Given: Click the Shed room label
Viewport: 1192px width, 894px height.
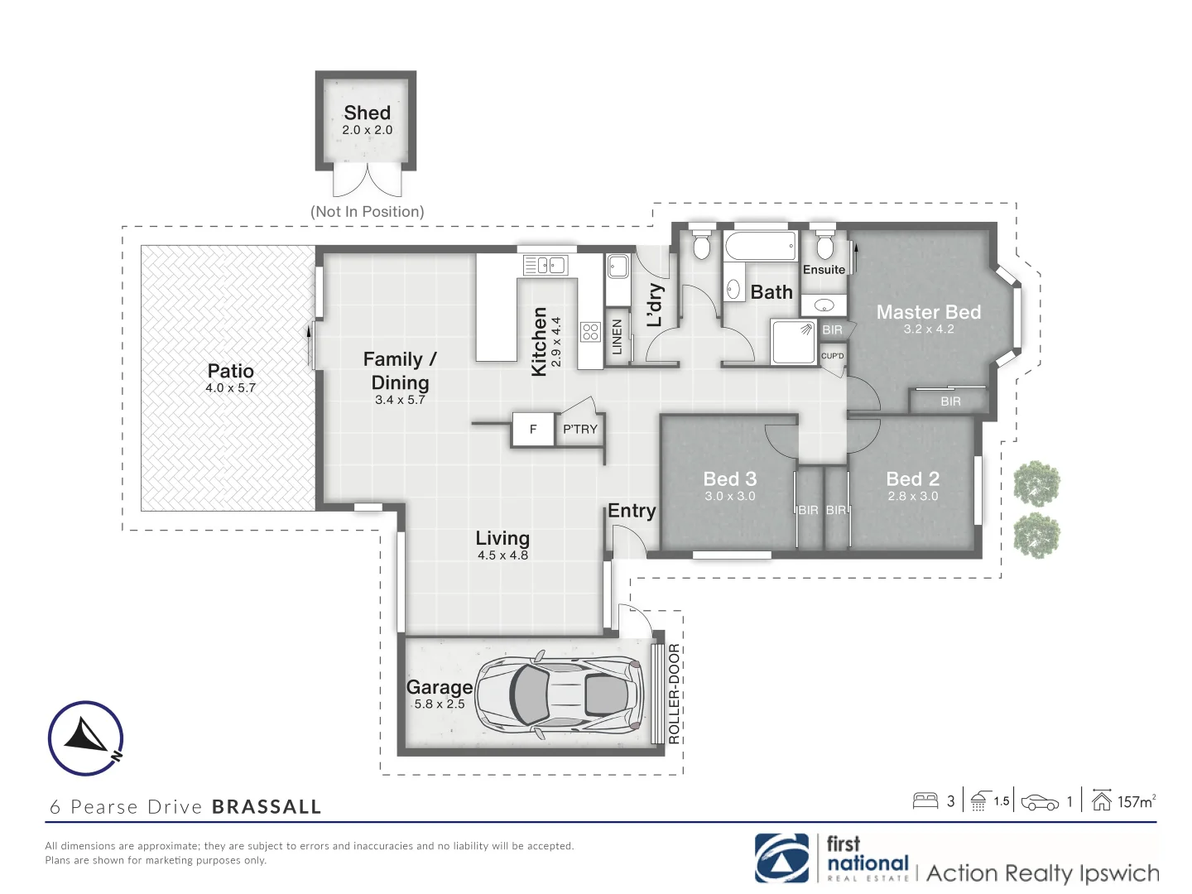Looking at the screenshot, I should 367,113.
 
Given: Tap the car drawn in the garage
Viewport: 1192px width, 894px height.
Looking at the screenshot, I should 560,694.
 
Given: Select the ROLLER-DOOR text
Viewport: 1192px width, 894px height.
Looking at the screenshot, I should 674,694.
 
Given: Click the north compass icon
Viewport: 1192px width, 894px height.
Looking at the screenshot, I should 85,738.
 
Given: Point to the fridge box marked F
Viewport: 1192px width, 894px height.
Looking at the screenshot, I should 533,429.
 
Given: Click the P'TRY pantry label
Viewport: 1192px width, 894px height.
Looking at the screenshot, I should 579,429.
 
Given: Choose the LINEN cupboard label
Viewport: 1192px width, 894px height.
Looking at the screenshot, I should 617,338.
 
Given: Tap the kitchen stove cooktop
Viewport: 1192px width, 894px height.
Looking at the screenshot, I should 590,332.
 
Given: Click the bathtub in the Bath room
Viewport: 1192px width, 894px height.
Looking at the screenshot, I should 760,246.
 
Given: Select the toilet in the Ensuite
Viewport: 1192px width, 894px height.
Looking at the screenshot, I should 824,246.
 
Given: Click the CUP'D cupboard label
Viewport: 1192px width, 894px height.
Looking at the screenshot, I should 833,356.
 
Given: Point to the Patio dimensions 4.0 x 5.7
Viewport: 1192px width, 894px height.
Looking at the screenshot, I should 230,387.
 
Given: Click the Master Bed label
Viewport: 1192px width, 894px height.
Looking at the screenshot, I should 928,312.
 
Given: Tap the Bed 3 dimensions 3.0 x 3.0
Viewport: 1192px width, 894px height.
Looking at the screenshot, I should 729,496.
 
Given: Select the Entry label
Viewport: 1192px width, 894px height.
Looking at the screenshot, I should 632,511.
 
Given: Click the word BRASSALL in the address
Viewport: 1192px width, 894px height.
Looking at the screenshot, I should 267,807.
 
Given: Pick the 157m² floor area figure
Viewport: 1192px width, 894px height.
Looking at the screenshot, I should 1136,801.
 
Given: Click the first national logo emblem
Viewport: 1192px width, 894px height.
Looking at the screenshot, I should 781,858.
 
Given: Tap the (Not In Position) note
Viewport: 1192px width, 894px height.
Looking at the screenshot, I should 367,212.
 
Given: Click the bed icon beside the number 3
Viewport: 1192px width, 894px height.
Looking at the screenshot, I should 925,800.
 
